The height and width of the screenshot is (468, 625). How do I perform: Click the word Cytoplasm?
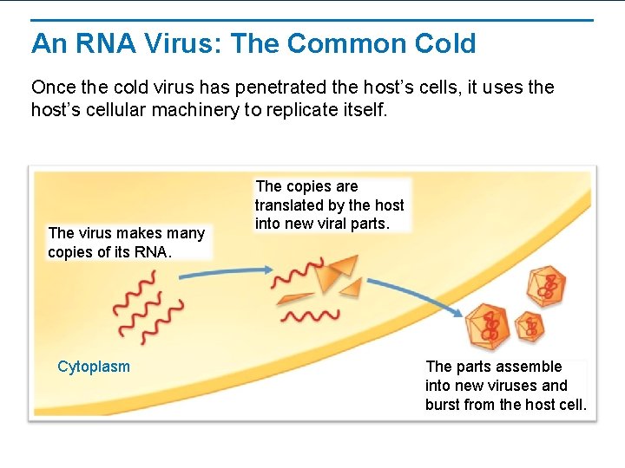[x=94, y=367]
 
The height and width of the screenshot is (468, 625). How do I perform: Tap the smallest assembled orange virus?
[x=529, y=327]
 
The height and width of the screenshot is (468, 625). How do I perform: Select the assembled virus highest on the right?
[x=546, y=287]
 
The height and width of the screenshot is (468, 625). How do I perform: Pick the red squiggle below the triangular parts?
[x=309, y=315]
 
